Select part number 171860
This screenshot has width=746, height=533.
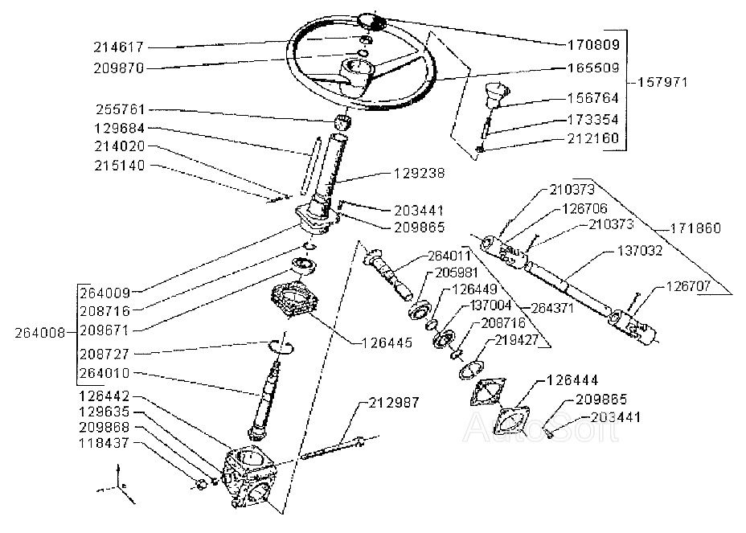695,228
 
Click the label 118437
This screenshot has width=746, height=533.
106,442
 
